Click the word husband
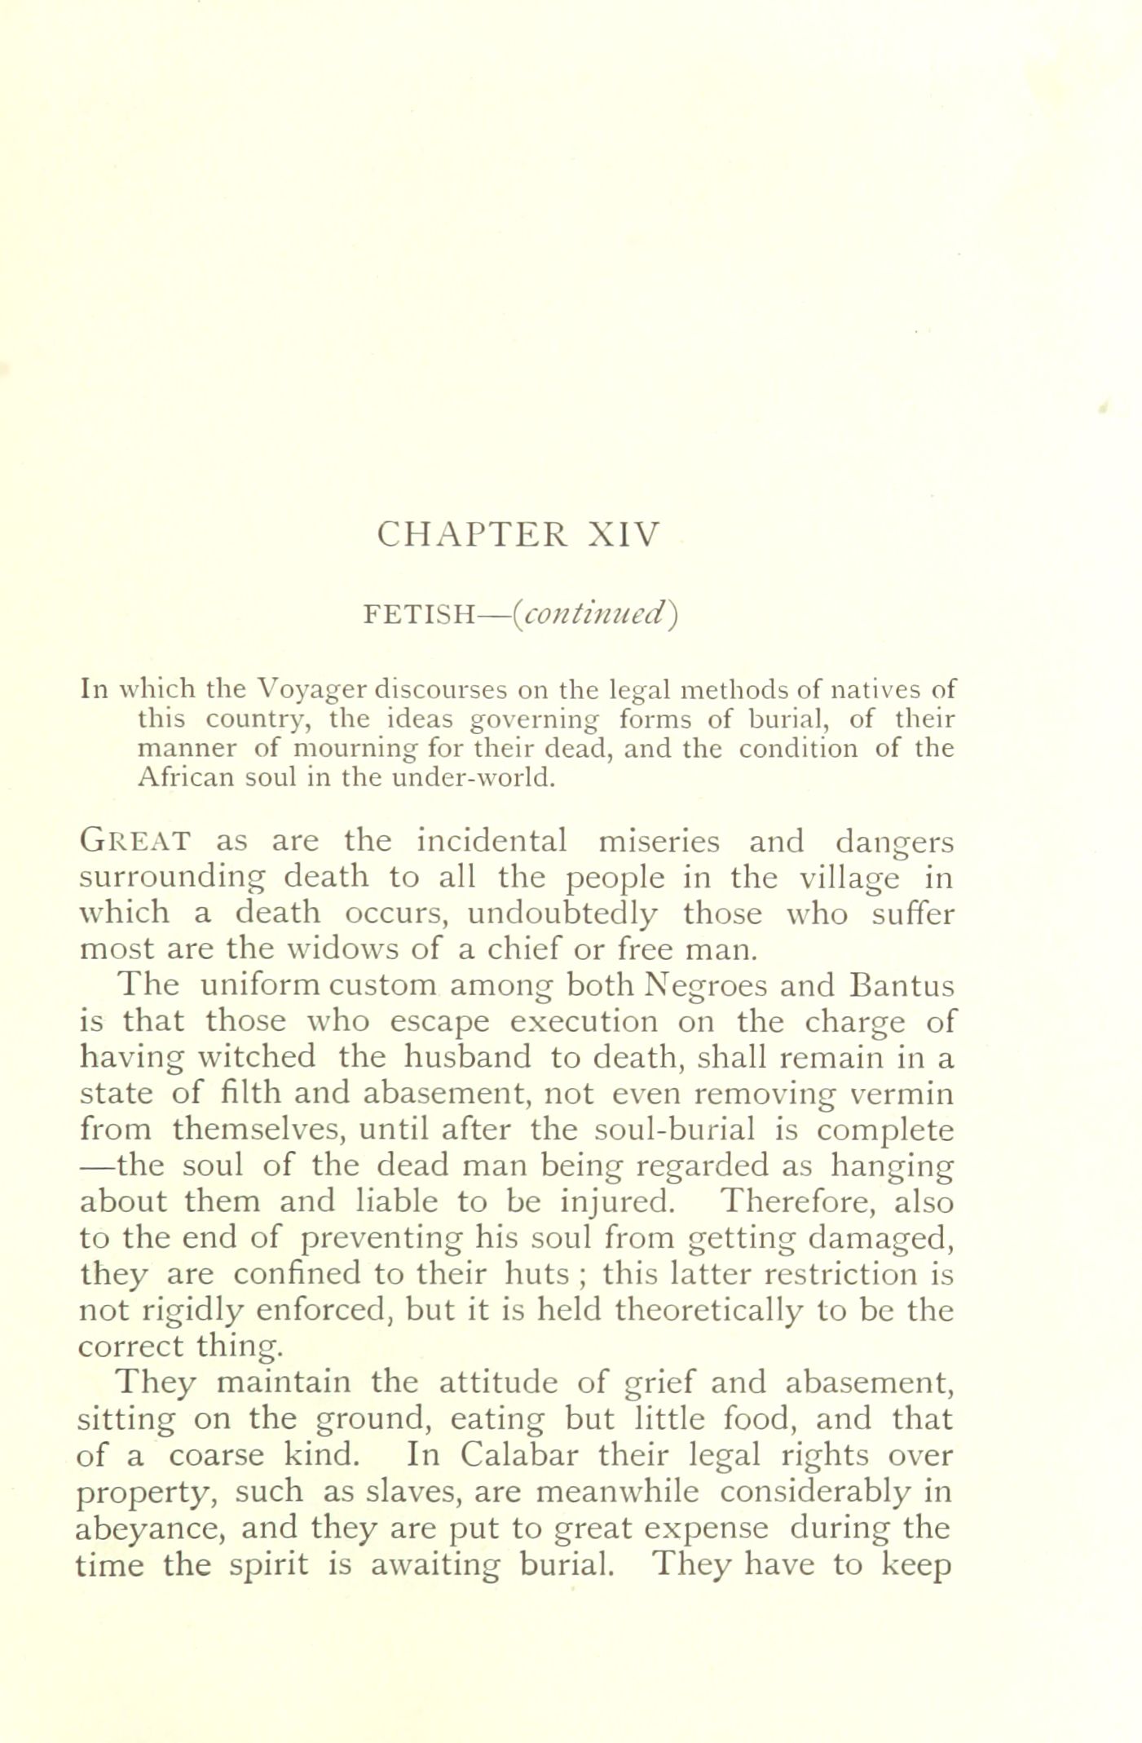click(x=468, y=1058)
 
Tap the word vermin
click(x=900, y=1094)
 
